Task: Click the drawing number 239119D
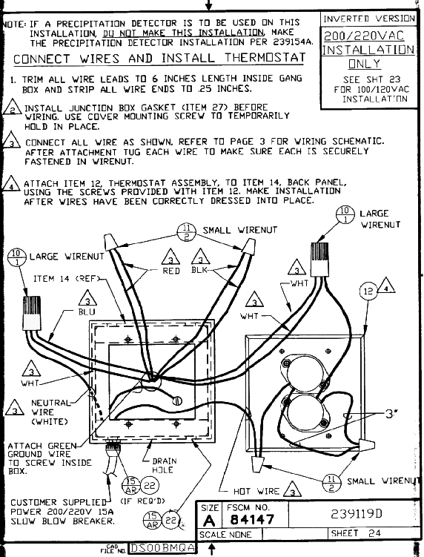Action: click(356, 514)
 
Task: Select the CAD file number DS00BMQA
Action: click(162, 548)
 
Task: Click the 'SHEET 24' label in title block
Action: click(356, 533)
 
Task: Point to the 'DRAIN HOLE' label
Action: click(164, 465)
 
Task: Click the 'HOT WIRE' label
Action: click(256, 491)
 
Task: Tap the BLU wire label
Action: click(87, 312)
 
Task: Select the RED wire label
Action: click(170, 271)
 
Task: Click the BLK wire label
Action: click(199, 270)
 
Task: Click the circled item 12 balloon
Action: click(368, 291)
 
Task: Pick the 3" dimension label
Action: click(391, 414)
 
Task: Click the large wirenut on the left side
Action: click(32, 313)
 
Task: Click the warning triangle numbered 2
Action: click(12, 107)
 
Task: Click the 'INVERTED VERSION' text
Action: click(368, 19)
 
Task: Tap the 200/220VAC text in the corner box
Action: click(365, 36)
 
